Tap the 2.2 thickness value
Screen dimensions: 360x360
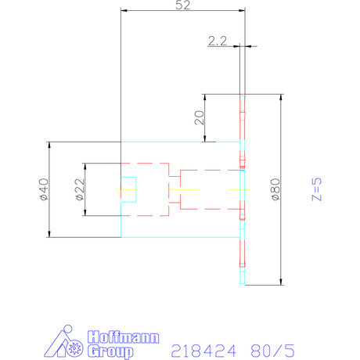[x=217, y=41]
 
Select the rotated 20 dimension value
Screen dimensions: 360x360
[x=198, y=118]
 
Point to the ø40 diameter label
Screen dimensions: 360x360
[x=43, y=189]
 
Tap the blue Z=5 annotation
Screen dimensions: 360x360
[x=315, y=189]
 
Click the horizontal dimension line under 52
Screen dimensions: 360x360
[x=182, y=10]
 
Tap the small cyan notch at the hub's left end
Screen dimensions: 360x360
[x=129, y=189]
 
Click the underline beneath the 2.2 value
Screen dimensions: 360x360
[x=219, y=47]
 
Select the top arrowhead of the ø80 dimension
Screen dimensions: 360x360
[x=279, y=97]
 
